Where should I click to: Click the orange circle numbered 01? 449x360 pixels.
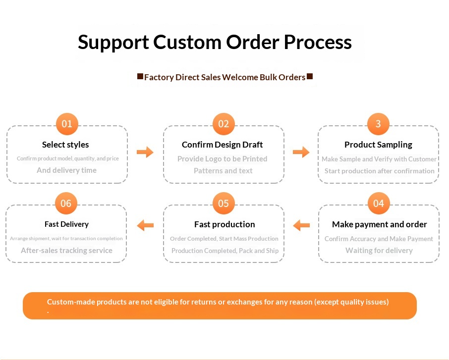click(x=67, y=124)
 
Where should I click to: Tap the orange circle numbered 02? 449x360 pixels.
click(x=224, y=124)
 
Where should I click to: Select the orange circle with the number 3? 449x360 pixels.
click(x=378, y=124)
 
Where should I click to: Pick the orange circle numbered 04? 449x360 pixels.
click(x=379, y=203)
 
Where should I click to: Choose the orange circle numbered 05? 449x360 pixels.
click(x=224, y=203)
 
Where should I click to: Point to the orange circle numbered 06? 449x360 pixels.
click(x=66, y=203)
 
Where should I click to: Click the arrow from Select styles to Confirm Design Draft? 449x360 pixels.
click(x=145, y=152)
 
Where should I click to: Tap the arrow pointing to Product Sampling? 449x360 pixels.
click(x=301, y=152)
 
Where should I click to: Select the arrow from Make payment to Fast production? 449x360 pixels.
click(x=301, y=225)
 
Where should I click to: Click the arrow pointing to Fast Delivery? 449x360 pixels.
click(x=146, y=225)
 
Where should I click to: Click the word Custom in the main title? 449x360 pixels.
click(x=187, y=42)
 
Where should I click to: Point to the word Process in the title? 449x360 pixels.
click(x=318, y=42)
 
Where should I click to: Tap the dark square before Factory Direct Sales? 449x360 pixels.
click(x=140, y=76)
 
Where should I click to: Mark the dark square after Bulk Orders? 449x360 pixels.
click(x=310, y=76)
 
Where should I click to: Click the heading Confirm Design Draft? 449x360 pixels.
click(x=222, y=145)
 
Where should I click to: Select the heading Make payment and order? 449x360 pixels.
click(x=380, y=224)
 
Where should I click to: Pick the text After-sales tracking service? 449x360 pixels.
click(x=66, y=251)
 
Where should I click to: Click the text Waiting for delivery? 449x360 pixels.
click(x=379, y=251)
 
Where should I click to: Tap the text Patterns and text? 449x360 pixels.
click(x=223, y=171)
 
